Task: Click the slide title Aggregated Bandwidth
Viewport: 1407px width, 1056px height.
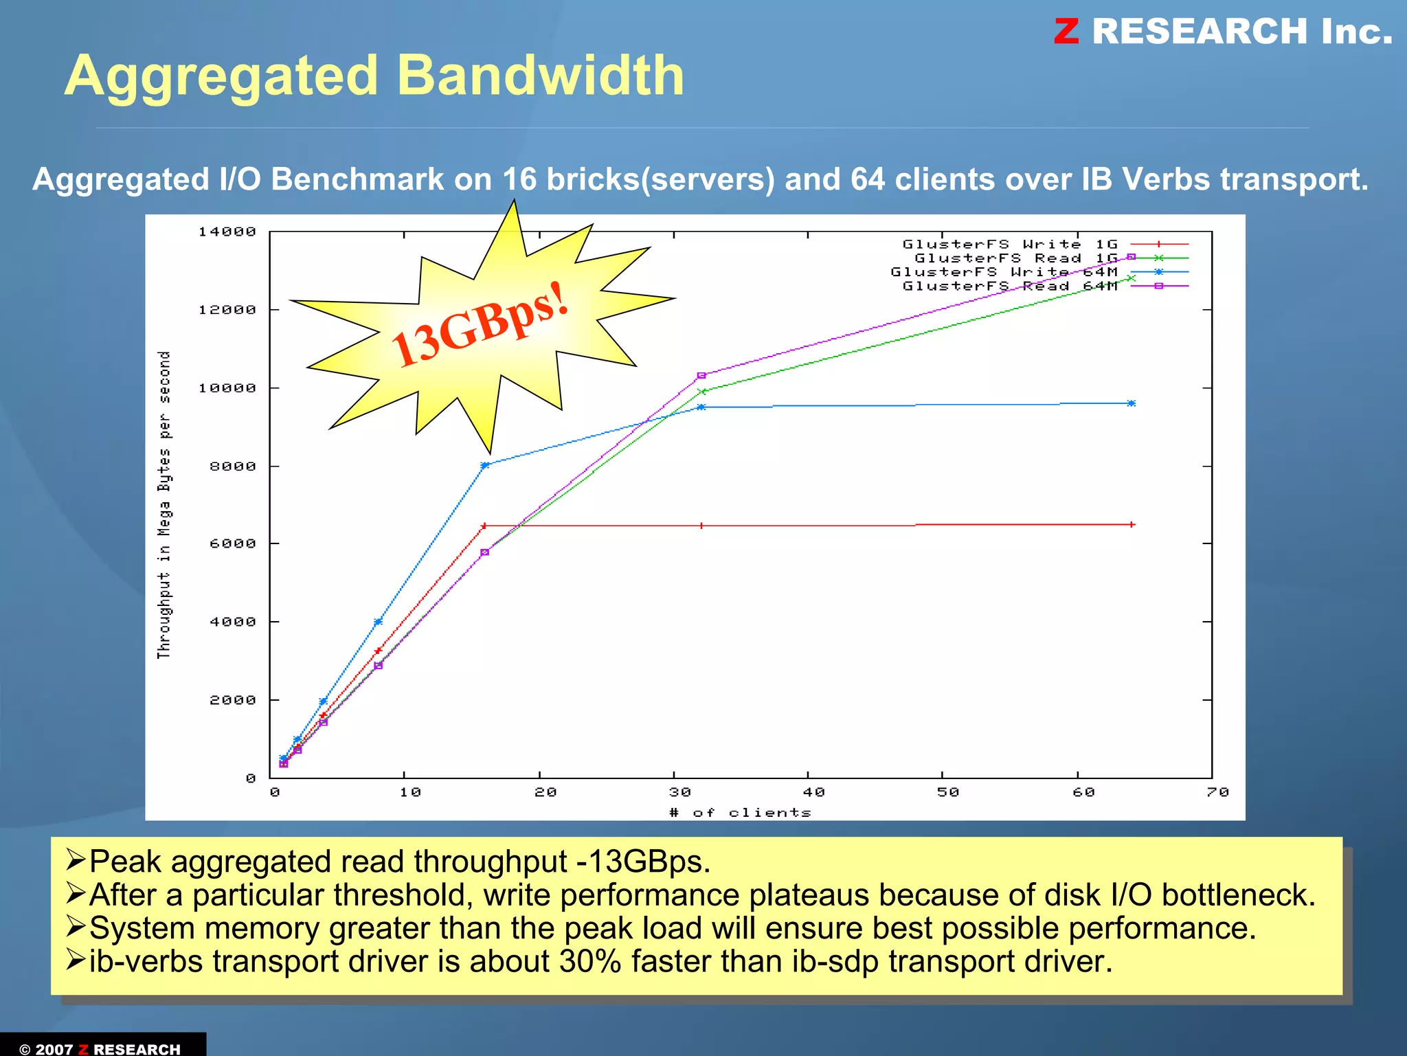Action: point(374,76)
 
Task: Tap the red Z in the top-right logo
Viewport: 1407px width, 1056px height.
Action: point(1066,32)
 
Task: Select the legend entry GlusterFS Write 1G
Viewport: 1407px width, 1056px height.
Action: point(1010,245)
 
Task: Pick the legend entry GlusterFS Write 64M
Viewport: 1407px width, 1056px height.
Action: point(1004,272)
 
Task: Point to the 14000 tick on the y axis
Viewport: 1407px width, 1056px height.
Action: point(227,232)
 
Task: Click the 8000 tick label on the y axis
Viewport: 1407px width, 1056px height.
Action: point(233,467)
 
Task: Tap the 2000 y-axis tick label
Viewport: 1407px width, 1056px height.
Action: point(233,700)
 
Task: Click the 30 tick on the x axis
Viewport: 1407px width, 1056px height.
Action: point(680,792)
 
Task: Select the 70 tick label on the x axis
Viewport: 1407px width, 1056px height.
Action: point(1217,792)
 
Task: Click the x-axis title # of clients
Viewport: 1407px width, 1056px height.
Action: point(741,813)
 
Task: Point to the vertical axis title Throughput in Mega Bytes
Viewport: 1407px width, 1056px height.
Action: point(164,505)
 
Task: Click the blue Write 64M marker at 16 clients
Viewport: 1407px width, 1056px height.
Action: point(484,465)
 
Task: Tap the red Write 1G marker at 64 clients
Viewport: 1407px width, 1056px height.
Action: point(1132,524)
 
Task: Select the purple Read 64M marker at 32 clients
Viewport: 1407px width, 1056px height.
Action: point(701,376)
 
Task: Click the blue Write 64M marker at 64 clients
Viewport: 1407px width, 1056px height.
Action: point(1132,403)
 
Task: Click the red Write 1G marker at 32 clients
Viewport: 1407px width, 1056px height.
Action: point(701,526)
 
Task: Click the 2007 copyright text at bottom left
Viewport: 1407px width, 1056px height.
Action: point(54,1048)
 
